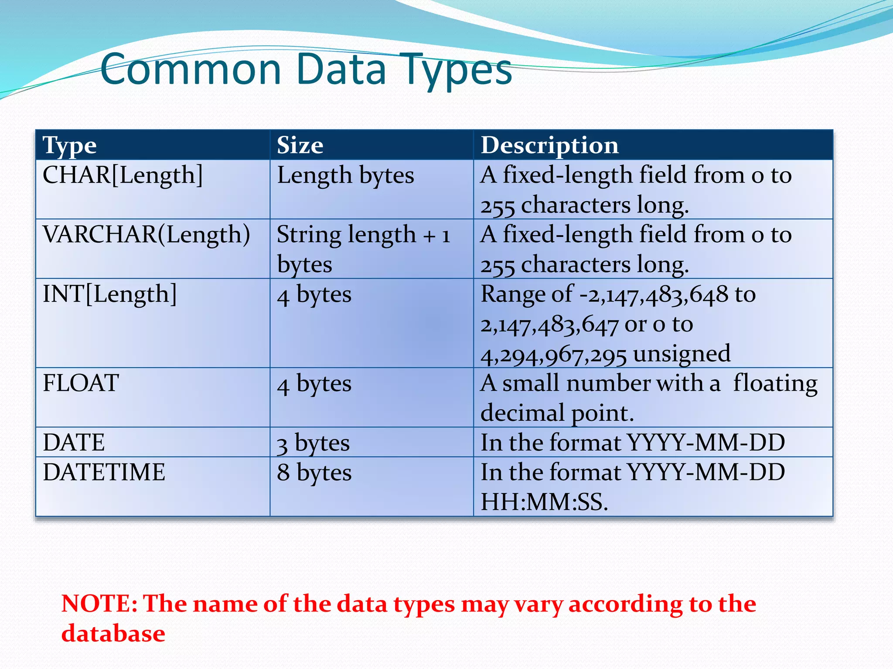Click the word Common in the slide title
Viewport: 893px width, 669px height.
(191, 70)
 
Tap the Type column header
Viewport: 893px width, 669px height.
(70, 145)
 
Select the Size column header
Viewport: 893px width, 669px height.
(300, 145)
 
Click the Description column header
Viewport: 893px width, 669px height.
(549, 145)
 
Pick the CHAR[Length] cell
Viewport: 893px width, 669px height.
(123, 175)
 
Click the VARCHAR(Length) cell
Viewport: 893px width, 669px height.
(147, 235)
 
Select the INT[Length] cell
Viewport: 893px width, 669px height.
(110, 294)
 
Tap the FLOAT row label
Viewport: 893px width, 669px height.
(81, 383)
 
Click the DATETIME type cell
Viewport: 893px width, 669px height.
(104, 472)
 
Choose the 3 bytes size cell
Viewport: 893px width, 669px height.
(313, 443)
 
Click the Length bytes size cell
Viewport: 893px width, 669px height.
(345, 176)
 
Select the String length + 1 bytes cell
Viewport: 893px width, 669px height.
(363, 249)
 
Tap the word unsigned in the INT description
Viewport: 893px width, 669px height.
(682, 354)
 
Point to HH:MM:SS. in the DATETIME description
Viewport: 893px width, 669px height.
(544, 502)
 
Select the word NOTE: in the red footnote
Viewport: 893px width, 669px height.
(99, 604)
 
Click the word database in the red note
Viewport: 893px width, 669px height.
(113, 633)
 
